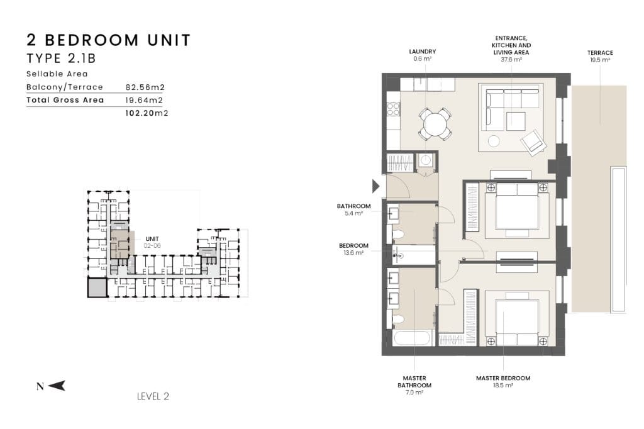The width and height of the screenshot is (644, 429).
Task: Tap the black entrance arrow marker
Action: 376,186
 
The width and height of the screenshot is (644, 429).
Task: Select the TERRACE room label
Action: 599,53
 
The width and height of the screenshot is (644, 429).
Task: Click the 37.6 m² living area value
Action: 511,60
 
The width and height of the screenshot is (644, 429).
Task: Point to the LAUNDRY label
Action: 422,52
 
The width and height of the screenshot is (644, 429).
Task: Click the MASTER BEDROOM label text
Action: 502,378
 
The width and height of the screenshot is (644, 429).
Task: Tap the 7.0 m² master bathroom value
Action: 414,393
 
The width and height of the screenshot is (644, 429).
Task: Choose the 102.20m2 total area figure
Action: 147,113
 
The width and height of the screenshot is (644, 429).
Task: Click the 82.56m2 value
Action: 145,87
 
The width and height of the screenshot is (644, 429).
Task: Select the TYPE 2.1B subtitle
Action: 61,58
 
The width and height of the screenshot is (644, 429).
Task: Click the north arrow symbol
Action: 57,386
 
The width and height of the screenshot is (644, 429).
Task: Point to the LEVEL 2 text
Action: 153,396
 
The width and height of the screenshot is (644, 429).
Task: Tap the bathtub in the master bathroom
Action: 412,339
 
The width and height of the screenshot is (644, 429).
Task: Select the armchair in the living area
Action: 533,142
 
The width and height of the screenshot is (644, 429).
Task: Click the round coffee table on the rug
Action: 494,141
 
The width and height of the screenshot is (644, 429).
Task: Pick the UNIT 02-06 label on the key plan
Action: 152,242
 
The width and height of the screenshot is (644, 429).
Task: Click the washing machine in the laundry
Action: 425,160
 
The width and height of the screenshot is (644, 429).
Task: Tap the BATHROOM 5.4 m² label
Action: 353,209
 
